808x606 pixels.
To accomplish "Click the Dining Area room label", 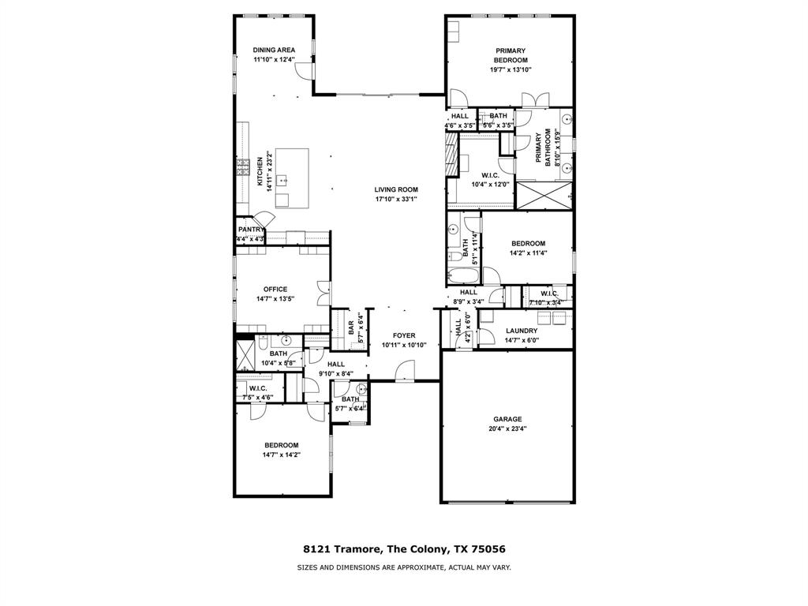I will click(x=274, y=50).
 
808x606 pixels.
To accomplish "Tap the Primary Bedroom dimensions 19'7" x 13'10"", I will click(x=511, y=69).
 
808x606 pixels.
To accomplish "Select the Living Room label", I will click(x=396, y=189).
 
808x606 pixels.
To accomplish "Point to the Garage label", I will click(x=507, y=419).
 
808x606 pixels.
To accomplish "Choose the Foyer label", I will click(x=398, y=335).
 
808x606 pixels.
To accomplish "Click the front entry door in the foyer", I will click(x=406, y=370).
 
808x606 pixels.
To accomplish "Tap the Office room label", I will click(x=275, y=289).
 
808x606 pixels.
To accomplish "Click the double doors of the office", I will click(x=322, y=294).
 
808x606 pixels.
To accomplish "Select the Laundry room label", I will click(x=522, y=331).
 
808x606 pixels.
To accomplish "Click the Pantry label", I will click(x=250, y=230).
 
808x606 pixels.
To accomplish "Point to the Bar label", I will click(x=351, y=326).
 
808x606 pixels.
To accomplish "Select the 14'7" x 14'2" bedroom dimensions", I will click(x=282, y=454).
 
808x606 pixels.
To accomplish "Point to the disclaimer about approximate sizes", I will click(x=403, y=567).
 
